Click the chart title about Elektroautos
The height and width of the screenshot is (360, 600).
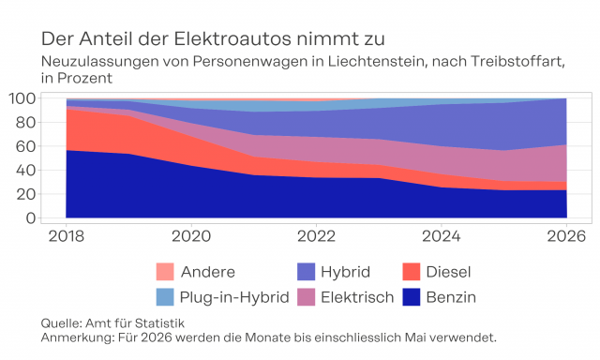(x=213, y=39)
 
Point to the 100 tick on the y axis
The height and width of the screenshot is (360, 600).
(x=22, y=98)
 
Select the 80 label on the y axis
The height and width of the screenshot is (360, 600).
(x=25, y=123)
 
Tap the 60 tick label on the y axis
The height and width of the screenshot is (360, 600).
(x=25, y=146)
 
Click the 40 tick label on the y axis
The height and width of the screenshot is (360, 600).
(x=25, y=171)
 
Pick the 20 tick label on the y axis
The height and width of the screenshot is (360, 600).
(x=25, y=194)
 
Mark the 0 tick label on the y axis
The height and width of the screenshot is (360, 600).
(x=31, y=218)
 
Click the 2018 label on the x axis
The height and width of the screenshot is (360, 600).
(x=67, y=236)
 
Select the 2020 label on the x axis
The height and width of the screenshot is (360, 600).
(x=191, y=236)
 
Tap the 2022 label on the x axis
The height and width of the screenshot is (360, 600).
(x=317, y=236)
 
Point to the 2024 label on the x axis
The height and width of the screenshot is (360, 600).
(x=442, y=236)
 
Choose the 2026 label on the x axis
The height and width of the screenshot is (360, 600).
(x=566, y=236)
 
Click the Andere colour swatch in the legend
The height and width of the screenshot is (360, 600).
(x=165, y=272)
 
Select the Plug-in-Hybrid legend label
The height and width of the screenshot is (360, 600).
(x=234, y=297)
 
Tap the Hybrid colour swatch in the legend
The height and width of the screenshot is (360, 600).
(x=307, y=272)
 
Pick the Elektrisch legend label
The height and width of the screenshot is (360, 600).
(x=357, y=297)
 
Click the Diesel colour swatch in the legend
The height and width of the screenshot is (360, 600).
(x=412, y=272)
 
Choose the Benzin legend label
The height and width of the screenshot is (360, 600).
(x=451, y=297)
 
